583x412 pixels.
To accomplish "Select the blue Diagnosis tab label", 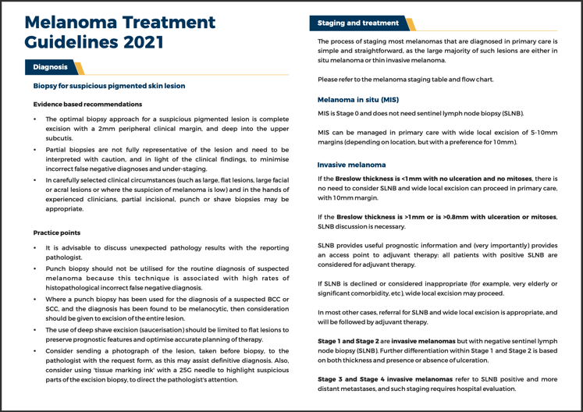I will click(50, 68).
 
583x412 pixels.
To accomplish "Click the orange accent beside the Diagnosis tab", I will click(78, 68).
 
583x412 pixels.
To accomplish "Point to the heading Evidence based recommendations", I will click(87, 104).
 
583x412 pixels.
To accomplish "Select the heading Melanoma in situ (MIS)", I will click(357, 100).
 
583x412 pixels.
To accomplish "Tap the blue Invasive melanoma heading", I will click(351, 165).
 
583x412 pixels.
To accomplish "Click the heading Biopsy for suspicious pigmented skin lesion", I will click(109, 86).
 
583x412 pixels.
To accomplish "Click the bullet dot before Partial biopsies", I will click(36, 148).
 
